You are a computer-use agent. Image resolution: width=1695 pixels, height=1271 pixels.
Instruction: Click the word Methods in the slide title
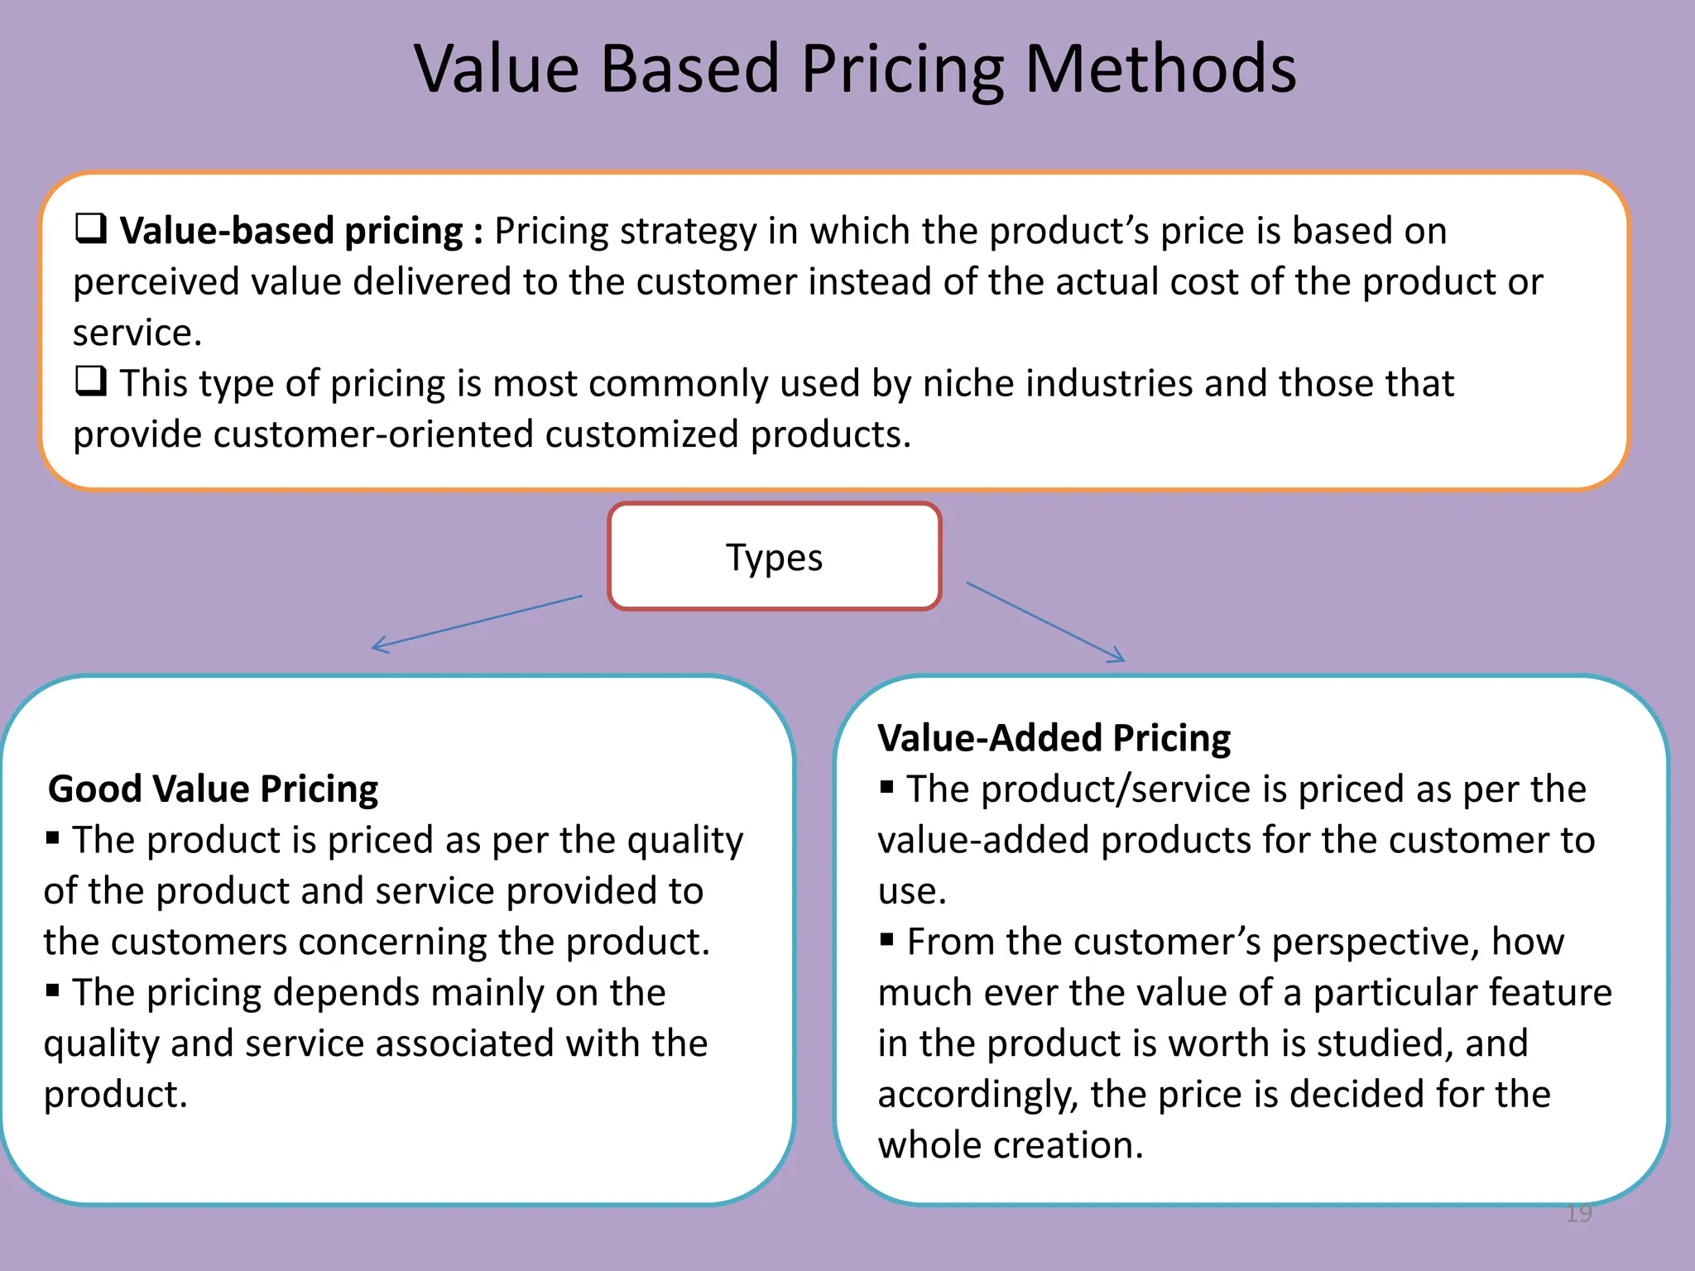click(1160, 69)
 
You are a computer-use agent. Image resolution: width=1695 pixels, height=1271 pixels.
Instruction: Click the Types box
click(775, 557)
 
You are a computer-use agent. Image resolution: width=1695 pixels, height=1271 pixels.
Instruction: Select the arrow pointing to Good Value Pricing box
click(477, 621)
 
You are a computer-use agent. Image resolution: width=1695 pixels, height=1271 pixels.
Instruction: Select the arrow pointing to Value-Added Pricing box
click(1046, 621)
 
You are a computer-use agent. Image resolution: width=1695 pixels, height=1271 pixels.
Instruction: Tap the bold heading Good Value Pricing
click(213, 789)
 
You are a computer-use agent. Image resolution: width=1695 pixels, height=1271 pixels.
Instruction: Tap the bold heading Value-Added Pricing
click(1054, 737)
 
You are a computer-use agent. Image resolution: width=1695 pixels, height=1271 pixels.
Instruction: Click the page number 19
click(1579, 1213)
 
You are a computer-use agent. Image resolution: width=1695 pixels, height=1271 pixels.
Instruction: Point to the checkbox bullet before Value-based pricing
click(91, 228)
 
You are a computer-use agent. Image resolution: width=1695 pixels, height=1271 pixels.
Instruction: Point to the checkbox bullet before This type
click(91, 381)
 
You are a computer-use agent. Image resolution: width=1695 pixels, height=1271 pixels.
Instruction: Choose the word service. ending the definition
click(137, 333)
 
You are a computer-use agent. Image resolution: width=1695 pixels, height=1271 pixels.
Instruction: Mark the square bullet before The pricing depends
click(53, 990)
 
